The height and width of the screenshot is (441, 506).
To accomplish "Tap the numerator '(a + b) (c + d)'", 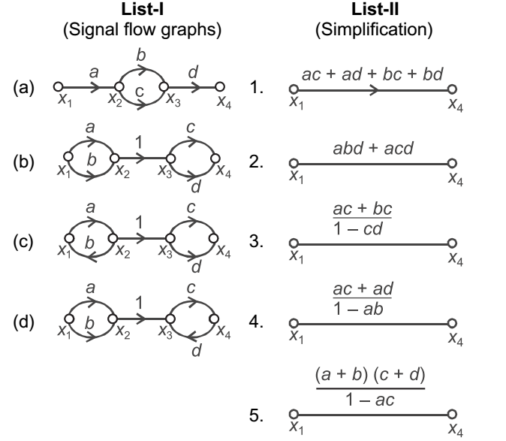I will click(371, 373).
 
